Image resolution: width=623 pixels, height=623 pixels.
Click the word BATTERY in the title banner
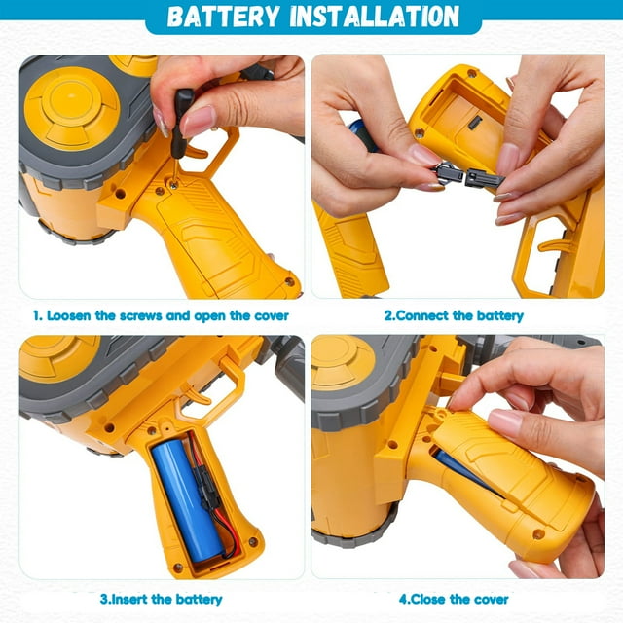[224, 17]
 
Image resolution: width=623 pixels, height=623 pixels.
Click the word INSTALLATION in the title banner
[375, 17]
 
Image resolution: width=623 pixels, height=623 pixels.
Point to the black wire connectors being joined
[468, 175]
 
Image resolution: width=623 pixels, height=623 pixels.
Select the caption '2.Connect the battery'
[454, 315]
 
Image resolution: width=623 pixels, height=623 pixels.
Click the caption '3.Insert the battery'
[161, 600]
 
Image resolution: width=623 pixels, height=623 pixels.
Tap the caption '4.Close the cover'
[454, 600]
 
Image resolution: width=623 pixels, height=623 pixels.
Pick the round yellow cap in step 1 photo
[72, 108]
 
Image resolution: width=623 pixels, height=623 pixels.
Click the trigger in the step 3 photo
[196, 393]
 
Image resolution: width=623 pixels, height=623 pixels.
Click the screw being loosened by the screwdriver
[173, 184]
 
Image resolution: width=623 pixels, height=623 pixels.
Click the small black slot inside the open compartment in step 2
[475, 123]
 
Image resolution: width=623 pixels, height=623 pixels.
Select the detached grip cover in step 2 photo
[349, 248]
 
